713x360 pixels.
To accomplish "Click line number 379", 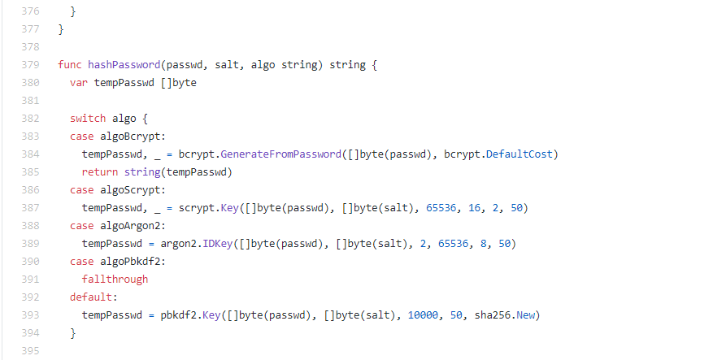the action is point(30,64).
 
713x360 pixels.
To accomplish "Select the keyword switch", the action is point(88,118).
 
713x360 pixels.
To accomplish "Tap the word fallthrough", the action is point(115,279).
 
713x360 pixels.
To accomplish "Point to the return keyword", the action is point(99,171).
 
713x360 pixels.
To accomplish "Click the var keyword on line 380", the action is point(79,82).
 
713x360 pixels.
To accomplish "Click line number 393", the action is point(30,314).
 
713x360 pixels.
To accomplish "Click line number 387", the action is point(30,207).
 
